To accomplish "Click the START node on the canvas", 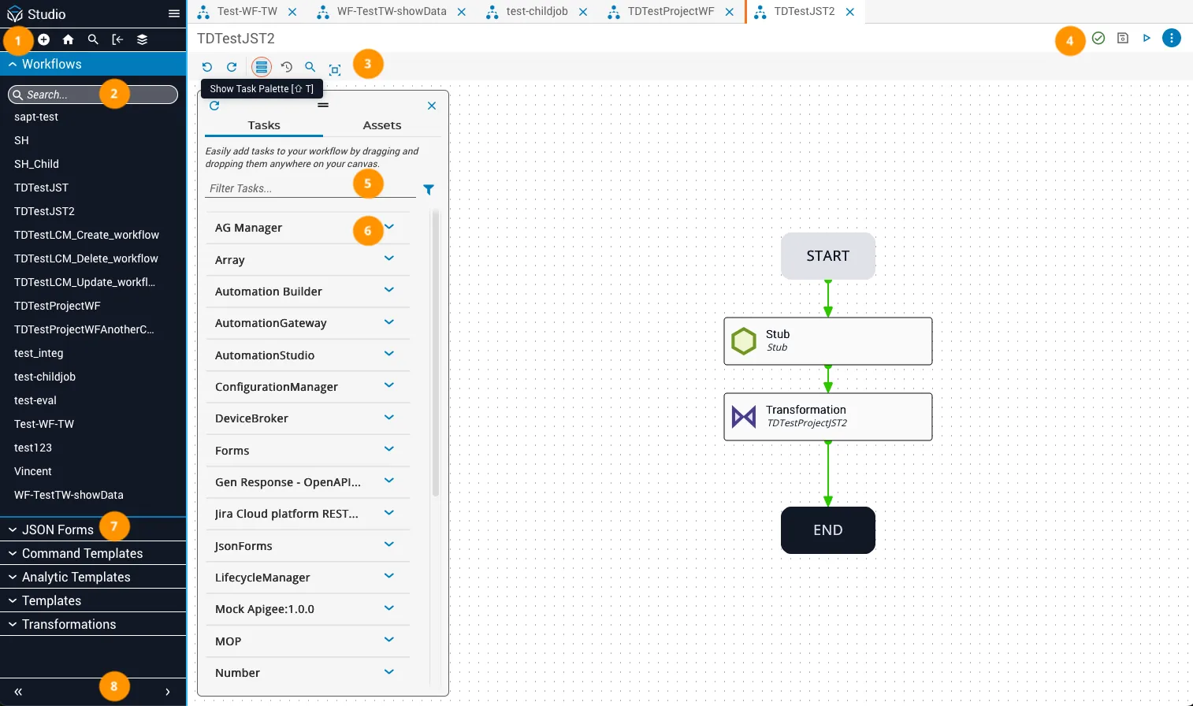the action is [x=827, y=256].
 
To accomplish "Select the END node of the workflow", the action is [x=827, y=529].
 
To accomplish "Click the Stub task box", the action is [x=827, y=340].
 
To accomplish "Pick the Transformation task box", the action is [x=827, y=416].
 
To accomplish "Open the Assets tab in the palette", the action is [x=382, y=125].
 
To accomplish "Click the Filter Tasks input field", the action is [x=310, y=188].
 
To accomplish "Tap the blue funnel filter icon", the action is [x=429, y=190].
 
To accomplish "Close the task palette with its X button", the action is [x=432, y=106].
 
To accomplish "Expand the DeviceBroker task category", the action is [x=389, y=418].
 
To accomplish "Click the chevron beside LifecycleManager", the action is [x=389, y=576].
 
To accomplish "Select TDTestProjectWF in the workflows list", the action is [x=57, y=306].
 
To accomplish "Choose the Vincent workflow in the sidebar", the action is [x=32, y=471].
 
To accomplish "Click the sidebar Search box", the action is [x=93, y=95].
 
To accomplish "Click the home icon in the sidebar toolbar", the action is [x=69, y=39].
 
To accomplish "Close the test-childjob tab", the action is [x=583, y=12].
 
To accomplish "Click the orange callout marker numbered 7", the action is [x=113, y=527].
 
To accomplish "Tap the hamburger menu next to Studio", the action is [x=174, y=14].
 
